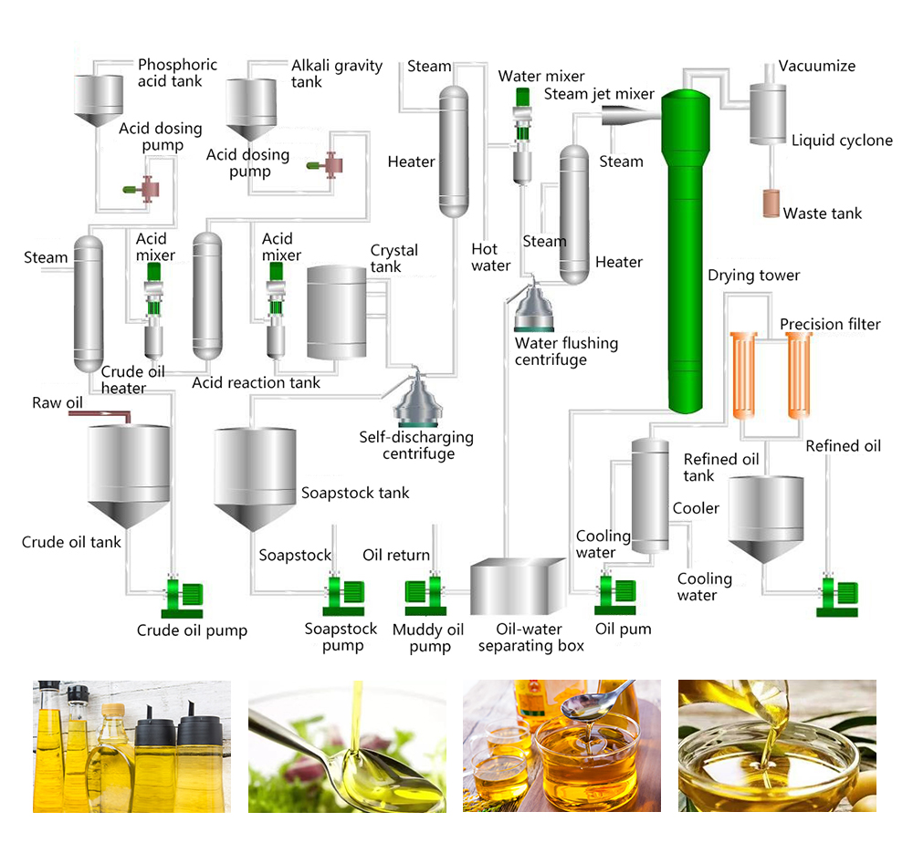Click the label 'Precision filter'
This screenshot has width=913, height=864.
[x=830, y=324]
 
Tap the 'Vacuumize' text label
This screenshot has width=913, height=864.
[x=816, y=66]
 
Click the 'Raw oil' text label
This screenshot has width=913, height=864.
[x=58, y=402]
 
